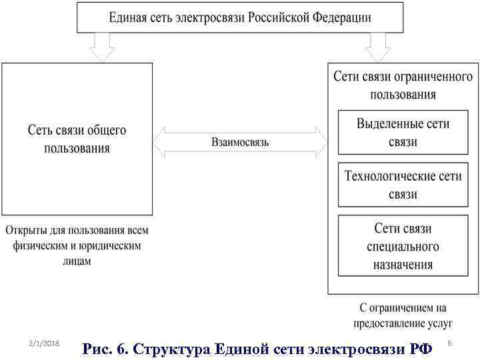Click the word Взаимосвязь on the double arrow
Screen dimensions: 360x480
tap(240, 142)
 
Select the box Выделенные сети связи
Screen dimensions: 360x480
tap(403, 132)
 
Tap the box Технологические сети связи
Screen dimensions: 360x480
tap(403, 185)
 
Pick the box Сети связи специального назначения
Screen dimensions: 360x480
tap(403, 245)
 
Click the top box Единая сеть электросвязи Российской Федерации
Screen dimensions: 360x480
tap(240, 17)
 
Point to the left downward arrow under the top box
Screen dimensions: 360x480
tap(102, 47)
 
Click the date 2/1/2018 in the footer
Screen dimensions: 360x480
tap(45, 343)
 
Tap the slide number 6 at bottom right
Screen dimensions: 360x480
tap(449, 343)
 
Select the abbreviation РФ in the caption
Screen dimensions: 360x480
tap(419, 348)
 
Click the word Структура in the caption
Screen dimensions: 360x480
tap(175, 348)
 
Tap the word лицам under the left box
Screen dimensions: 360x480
tap(77, 261)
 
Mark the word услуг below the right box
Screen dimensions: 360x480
tap(437, 323)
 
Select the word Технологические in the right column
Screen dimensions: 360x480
tap(383, 177)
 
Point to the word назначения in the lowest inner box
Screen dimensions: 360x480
tap(403, 264)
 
